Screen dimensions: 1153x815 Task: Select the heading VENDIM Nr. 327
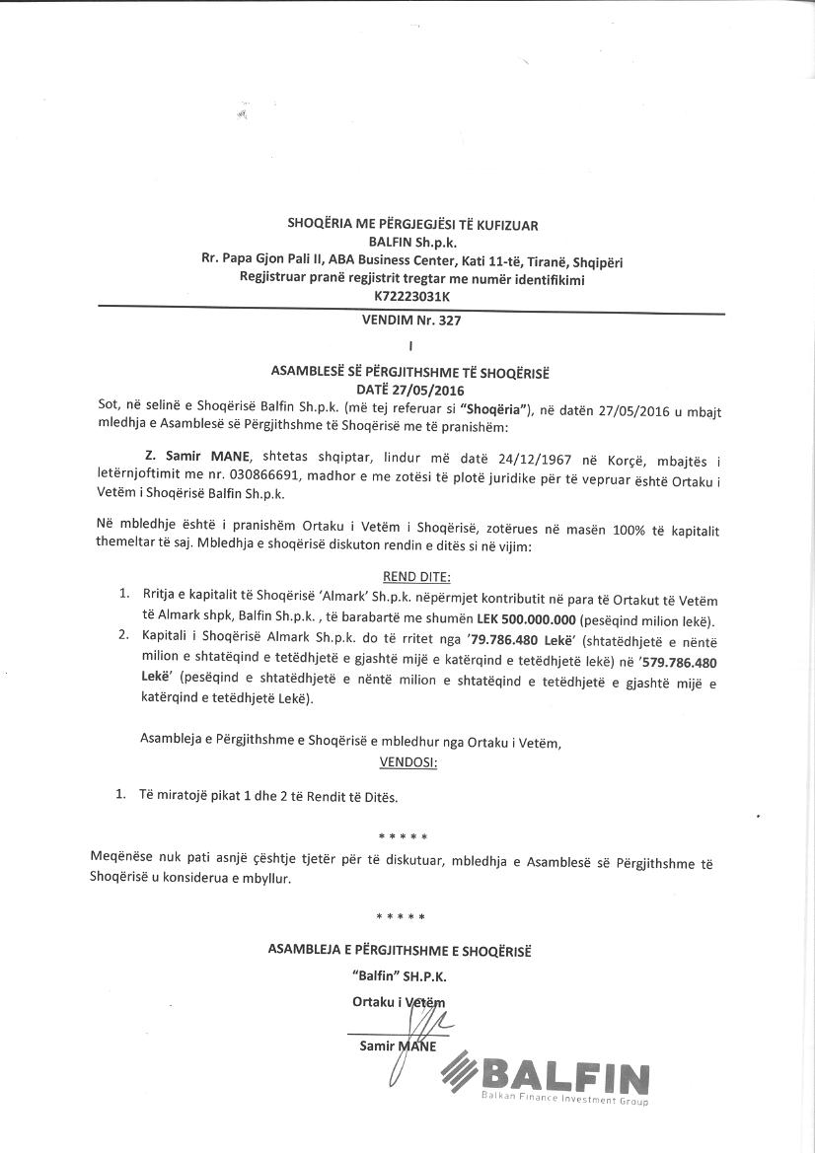coord(411,321)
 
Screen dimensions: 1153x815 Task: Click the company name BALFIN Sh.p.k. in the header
coord(411,243)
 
